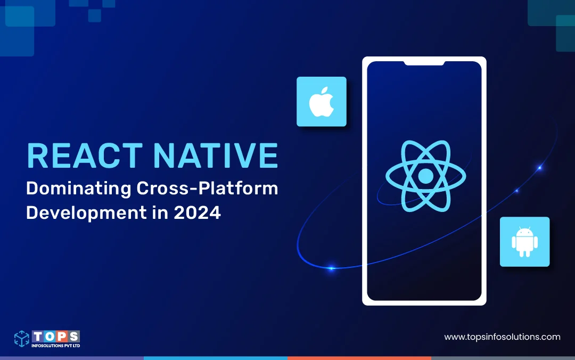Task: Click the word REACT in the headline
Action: [x=85, y=156]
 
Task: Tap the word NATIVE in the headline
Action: [x=216, y=156]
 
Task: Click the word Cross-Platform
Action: [x=207, y=189]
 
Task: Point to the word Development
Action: [x=86, y=213]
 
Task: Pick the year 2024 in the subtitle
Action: [x=198, y=213]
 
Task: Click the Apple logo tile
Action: [x=322, y=102]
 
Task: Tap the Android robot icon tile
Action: [x=525, y=242]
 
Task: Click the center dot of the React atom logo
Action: [x=426, y=176]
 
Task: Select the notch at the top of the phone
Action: [x=424, y=63]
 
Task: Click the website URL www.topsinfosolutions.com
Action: [x=502, y=337]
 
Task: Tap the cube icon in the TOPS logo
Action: [x=22, y=338]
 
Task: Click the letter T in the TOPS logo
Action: [x=38, y=336]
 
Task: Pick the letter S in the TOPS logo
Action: [x=74, y=336]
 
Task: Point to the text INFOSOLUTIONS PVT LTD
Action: [x=56, y=346]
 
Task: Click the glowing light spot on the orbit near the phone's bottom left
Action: [x=332, y=268]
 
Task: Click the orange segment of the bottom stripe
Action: [x=359, y=358]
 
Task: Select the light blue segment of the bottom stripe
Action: [x=216, y=358]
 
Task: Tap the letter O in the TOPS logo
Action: [x=50, y=336]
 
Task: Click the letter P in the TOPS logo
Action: [x=62, y=336]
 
